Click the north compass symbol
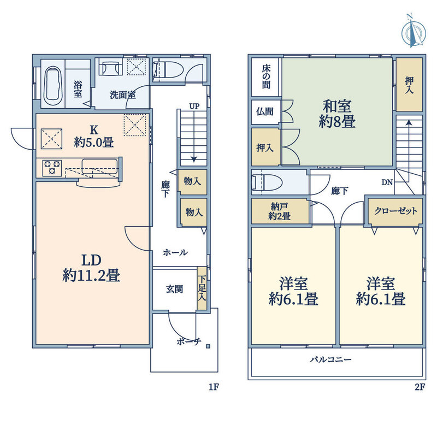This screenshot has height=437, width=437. (414, 33)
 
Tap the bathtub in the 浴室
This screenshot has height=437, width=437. (53, 84)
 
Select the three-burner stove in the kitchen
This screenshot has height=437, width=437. (52, 168)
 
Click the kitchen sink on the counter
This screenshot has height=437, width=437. (99, 167)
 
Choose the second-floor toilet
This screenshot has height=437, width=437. (267, 183)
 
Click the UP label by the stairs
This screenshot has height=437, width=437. (194, 106)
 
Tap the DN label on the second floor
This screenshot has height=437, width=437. (387, 182)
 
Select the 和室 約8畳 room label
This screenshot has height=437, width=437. (337, 114)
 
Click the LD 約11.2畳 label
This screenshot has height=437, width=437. (91, 268)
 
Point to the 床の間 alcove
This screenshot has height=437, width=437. (265, 77)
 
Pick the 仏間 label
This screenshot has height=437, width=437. (265, 112)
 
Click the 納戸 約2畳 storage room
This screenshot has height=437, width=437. (280, 211)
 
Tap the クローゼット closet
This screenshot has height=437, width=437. (395, 211)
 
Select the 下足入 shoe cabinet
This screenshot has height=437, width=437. (202, 288)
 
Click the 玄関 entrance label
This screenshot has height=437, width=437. (174, 289)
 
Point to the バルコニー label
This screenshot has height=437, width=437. (330, 359)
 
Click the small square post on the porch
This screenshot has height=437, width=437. (208, 346)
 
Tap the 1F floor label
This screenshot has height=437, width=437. (214, 387)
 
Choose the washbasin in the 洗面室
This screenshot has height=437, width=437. (110, 67)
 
